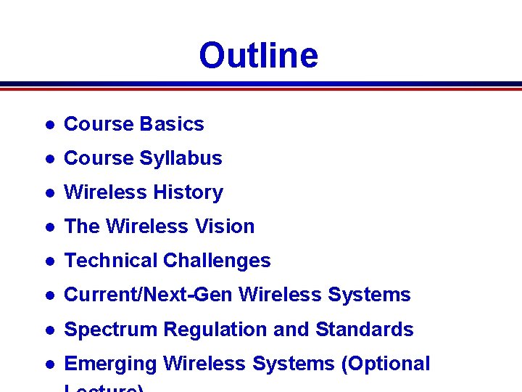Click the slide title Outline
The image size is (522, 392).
(x=258, y=55)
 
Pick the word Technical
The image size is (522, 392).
(x=111, y=261)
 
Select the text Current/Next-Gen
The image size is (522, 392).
(x=149, y=295)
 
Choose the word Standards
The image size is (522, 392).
(x=364, y=330)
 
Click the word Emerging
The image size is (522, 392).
(x=111, y=364)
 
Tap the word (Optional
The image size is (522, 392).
(x=386, y=364)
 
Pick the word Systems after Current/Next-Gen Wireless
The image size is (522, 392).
(x=369, y=295)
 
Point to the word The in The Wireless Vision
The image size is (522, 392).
(x=82, y=226)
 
